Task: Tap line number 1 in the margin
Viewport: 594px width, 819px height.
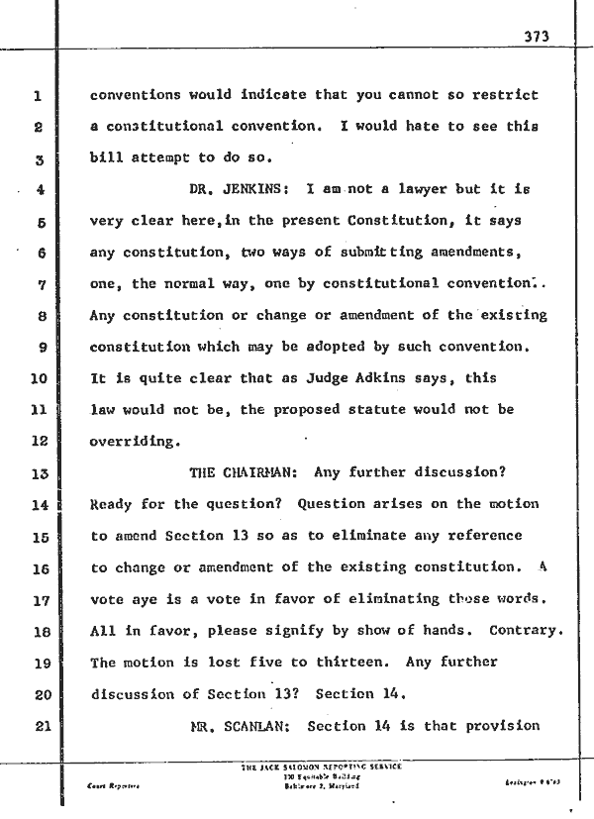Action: (x=36, y=97)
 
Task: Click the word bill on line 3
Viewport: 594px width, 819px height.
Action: (x=106, y=158)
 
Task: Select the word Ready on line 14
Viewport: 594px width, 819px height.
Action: (x=111, y=503)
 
